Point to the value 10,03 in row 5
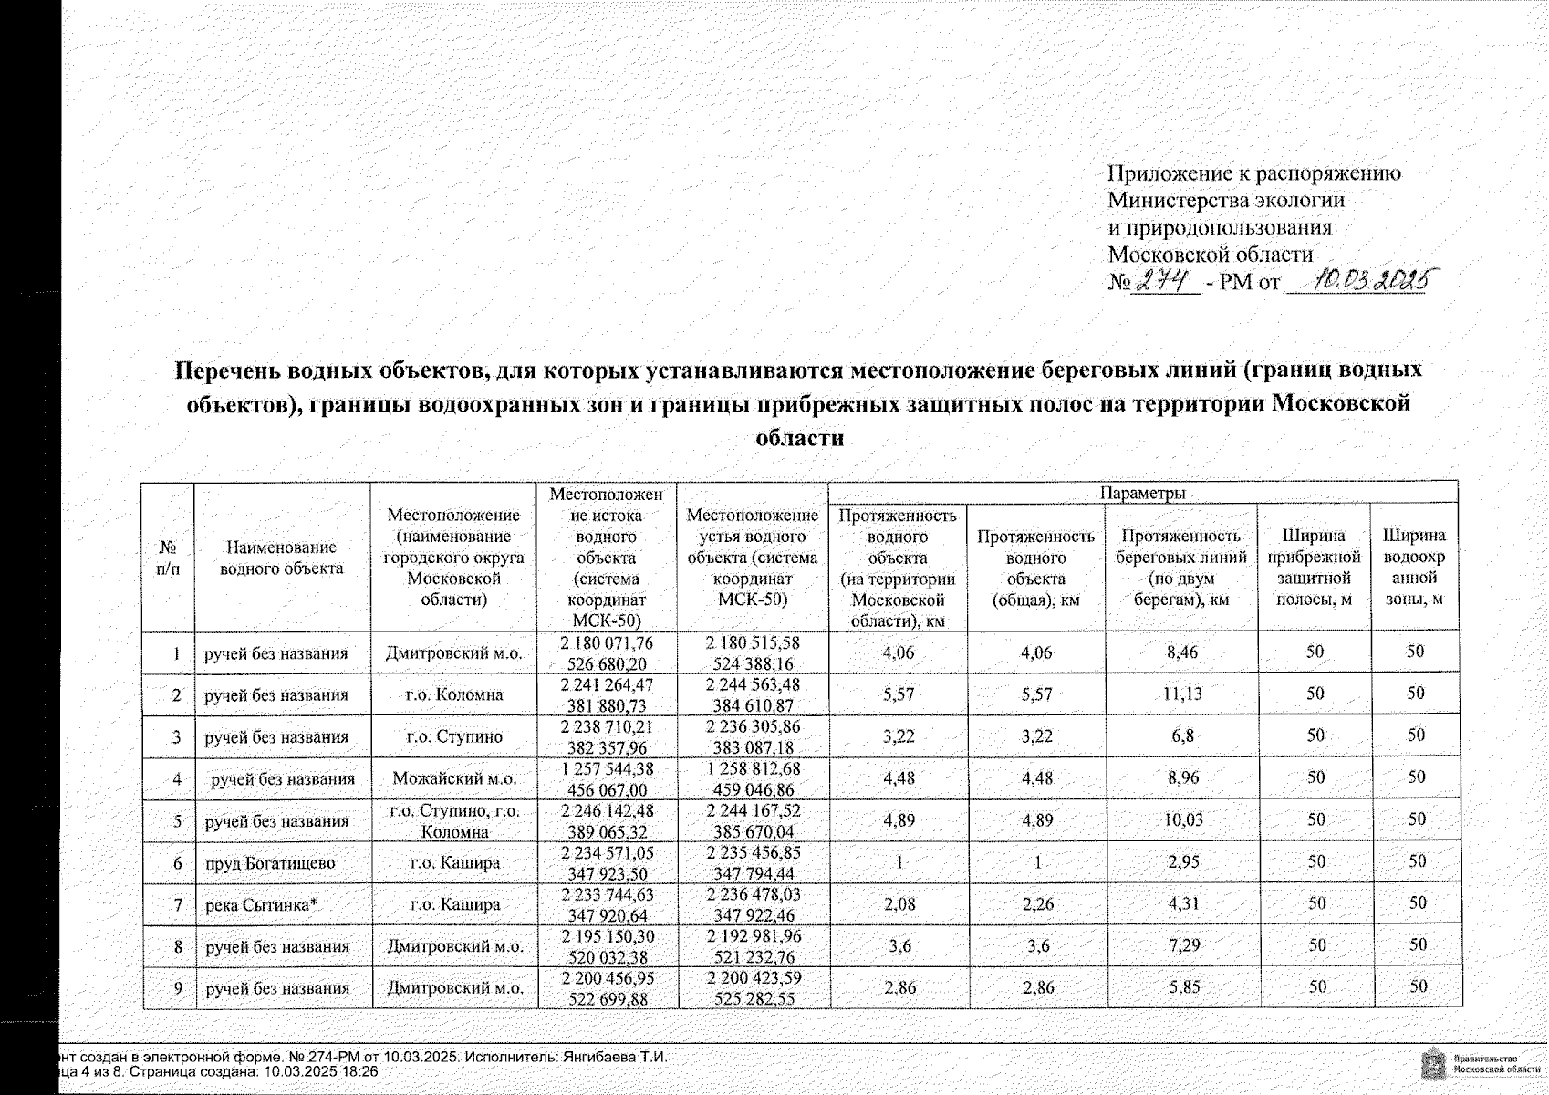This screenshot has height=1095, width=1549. pos(1182,820)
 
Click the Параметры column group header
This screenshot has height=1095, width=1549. pos(1142,493)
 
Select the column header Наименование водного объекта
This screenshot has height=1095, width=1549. pos(281,558)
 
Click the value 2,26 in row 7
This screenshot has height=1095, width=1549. pos(1036,905)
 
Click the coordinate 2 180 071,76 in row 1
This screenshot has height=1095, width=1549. pos(607,643)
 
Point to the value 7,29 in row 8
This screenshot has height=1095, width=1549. pos(1183,946)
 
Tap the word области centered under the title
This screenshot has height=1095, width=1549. pos(800,438)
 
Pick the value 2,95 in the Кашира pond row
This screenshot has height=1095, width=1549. pos(1183,862)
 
